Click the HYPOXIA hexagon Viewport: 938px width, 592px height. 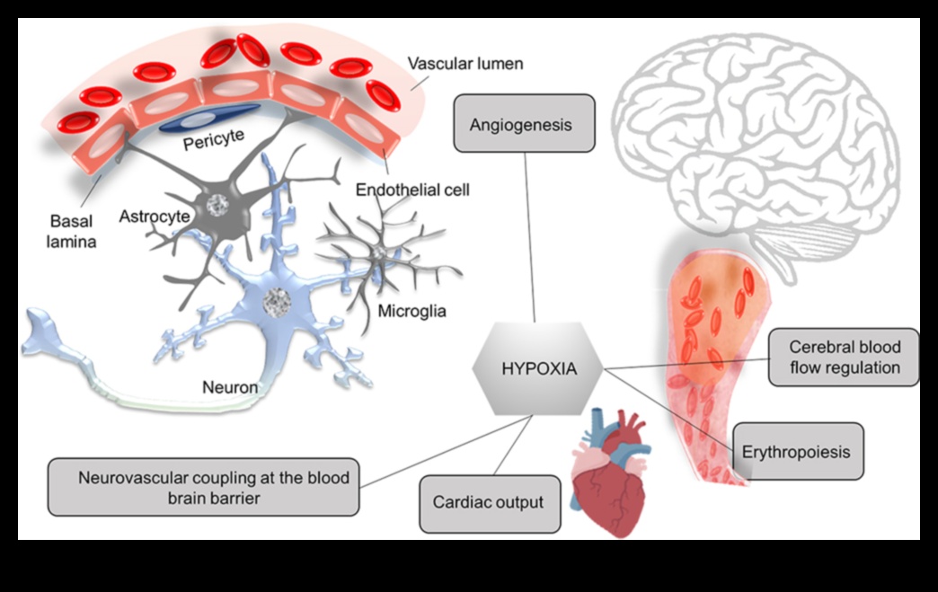point(537,368)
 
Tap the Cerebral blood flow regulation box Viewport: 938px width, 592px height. point(844,357)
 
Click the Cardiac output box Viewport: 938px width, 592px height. point(489,503)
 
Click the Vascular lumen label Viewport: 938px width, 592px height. point(465,64)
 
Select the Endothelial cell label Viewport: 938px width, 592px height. point(412,190)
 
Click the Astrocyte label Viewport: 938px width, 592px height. point(154,216)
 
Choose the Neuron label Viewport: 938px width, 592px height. point(230,387)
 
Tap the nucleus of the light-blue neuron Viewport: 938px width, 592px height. point(278,303)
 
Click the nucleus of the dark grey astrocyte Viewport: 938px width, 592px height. point(217,206)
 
